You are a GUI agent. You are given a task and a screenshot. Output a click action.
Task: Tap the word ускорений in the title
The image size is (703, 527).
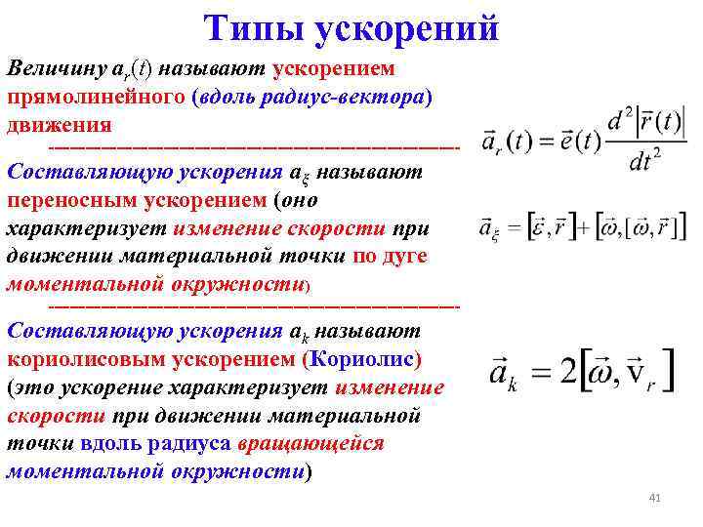click(408, 28)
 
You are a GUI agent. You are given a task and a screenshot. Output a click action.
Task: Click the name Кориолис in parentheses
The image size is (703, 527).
click(361, 359)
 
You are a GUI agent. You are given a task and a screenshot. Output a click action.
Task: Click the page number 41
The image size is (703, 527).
click(654, 500)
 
